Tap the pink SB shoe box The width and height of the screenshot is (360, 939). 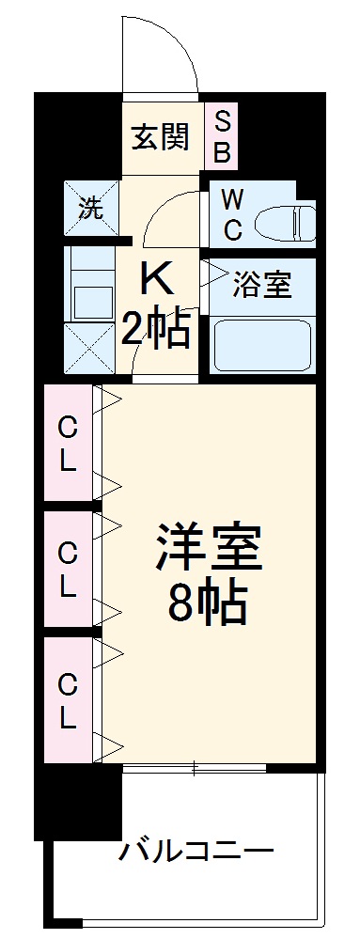(224, 135)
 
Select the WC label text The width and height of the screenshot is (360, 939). (233, 213)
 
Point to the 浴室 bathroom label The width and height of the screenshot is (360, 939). (263, 285)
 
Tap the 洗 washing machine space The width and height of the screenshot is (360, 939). (91, 209)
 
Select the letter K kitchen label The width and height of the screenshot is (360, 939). (157, 278)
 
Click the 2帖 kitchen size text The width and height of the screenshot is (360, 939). (157, 330)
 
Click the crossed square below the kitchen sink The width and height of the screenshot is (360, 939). (91, 349)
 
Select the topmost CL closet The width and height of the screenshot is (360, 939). (69, 443)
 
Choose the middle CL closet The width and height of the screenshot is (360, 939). (69, 570)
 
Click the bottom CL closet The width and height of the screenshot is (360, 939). (69, 697)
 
